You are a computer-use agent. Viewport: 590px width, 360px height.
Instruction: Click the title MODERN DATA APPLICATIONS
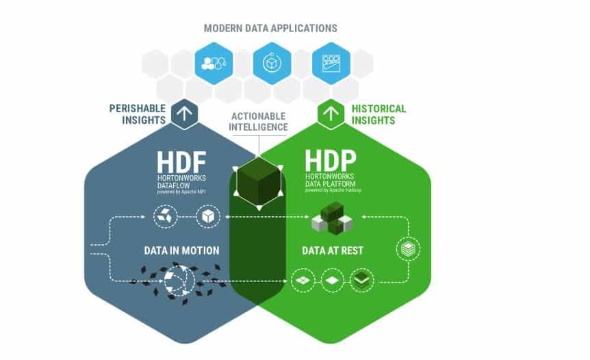click(x=270, y=29)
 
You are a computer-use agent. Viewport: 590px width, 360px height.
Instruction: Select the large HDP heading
click(x=331, y=162)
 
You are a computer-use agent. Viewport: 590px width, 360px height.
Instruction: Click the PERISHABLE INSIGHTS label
click(x=138, y=114)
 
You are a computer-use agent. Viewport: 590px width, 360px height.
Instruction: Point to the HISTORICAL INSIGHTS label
click(x=379, y=114)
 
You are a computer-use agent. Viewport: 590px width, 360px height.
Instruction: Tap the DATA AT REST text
click(x=332, y=250)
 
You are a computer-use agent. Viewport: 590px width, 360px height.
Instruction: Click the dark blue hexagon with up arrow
click(x=184, y=114)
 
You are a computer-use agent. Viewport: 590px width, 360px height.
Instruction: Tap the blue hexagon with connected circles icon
click(x=210, y=64)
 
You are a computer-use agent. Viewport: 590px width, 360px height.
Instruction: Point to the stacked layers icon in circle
click(x=408, y=249)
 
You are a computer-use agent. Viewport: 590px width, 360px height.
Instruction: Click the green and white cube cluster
click(x=331, y=219)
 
